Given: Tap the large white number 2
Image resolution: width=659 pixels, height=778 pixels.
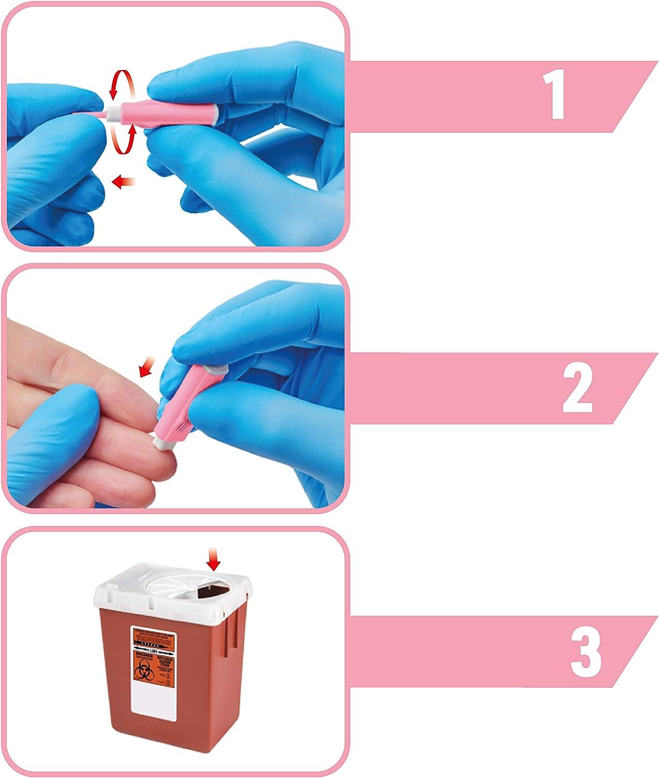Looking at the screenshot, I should click(x=576, y=389).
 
